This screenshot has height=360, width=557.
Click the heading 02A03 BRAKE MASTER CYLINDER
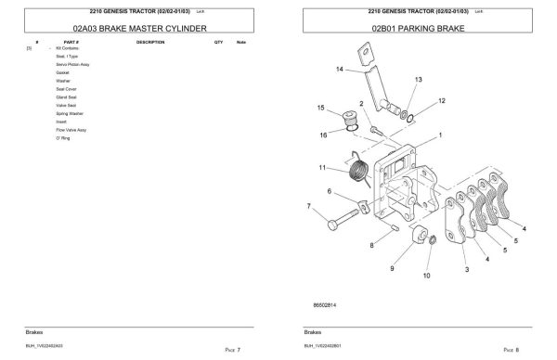coord(133,29)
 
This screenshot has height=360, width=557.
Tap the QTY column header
coord(218,43)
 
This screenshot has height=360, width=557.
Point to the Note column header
coord(241,43)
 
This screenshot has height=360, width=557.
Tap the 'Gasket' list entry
coord(62,72)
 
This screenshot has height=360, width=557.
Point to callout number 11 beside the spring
coord(322,168)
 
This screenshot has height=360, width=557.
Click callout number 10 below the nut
coord(426,276)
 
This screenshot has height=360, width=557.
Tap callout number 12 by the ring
coord(441,100)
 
